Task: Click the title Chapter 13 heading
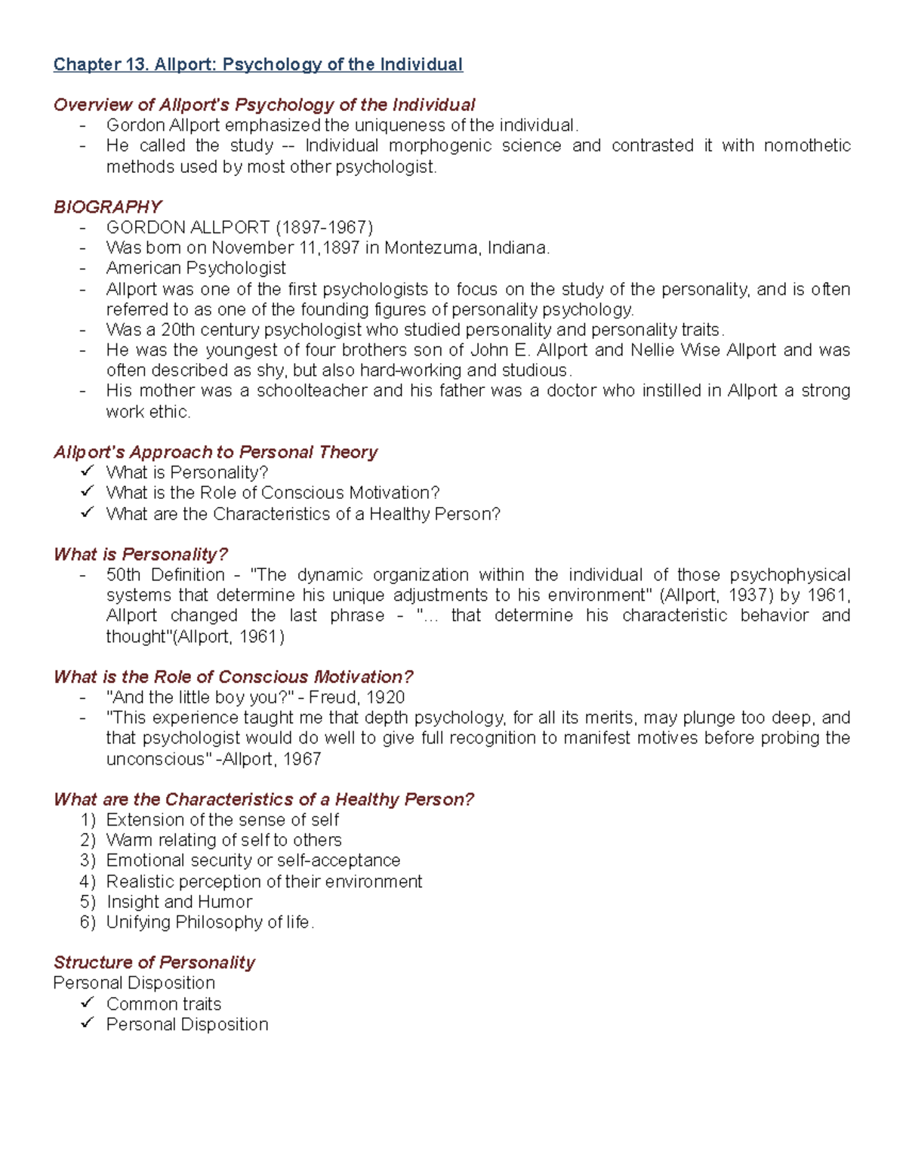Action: click(257, 65)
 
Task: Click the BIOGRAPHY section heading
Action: click(107, 207)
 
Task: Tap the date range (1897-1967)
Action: click(324, 228)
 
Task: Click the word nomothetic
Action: click(807, 146)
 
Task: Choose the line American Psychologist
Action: click(196, 269)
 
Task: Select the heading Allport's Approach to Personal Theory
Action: click(215, 452)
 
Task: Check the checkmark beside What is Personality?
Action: click(88, 472)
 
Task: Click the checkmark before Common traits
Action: click(88, 1003)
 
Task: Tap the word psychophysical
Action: click(790, 575)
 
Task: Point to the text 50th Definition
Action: click(165, 575)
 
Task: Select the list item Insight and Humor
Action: click(179, 902)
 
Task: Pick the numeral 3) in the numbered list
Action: click(88, 861)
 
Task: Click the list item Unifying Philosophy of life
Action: click(208, 922)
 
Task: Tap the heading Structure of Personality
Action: click(154, 962)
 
